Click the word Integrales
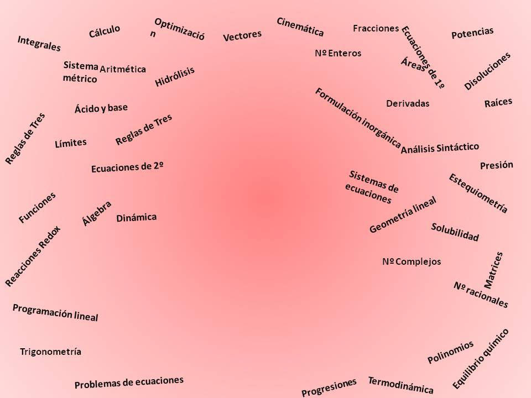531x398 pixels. pyautogui.click(x=39, y=44)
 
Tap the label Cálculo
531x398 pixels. pyautogui.click(x=105, y=32)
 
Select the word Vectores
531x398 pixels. pyautogui.click(x=242, y=36)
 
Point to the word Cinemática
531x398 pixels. pyautogui.click(x=300, y=27)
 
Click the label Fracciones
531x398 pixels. pyautogui.click(x=376, y=28)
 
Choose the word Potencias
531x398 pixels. pyautogui.click(x=472, y=33)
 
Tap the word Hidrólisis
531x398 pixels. pyautogui.click(x=175, y=76)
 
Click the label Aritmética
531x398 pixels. pyautogui.click(x=123, y=69)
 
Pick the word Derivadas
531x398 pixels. pyautogui.click(x=408, y=103)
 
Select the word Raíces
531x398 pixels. pyautogui.click(x=498, y=103)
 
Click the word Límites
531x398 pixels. pyautogui.click(x=71, y=143)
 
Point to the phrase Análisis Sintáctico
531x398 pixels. pyautogui.click(x=440, y=148)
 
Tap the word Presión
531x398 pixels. pyautogui.click(x=497, y=165)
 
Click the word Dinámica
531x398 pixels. pyautogui.click(x=137, y=218)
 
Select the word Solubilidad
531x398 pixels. pyautogui.click(x=455, y=232)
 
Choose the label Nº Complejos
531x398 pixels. pyautogui.click(x=412, y=261)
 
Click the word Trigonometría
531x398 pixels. pyautogui.click(x=50, y=352)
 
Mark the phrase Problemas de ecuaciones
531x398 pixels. pyautogui.click(x=128, y=383)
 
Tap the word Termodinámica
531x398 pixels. pyautogui.click(x=400, y=385)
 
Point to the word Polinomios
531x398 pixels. pyautogui.click(x=451, y=352)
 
